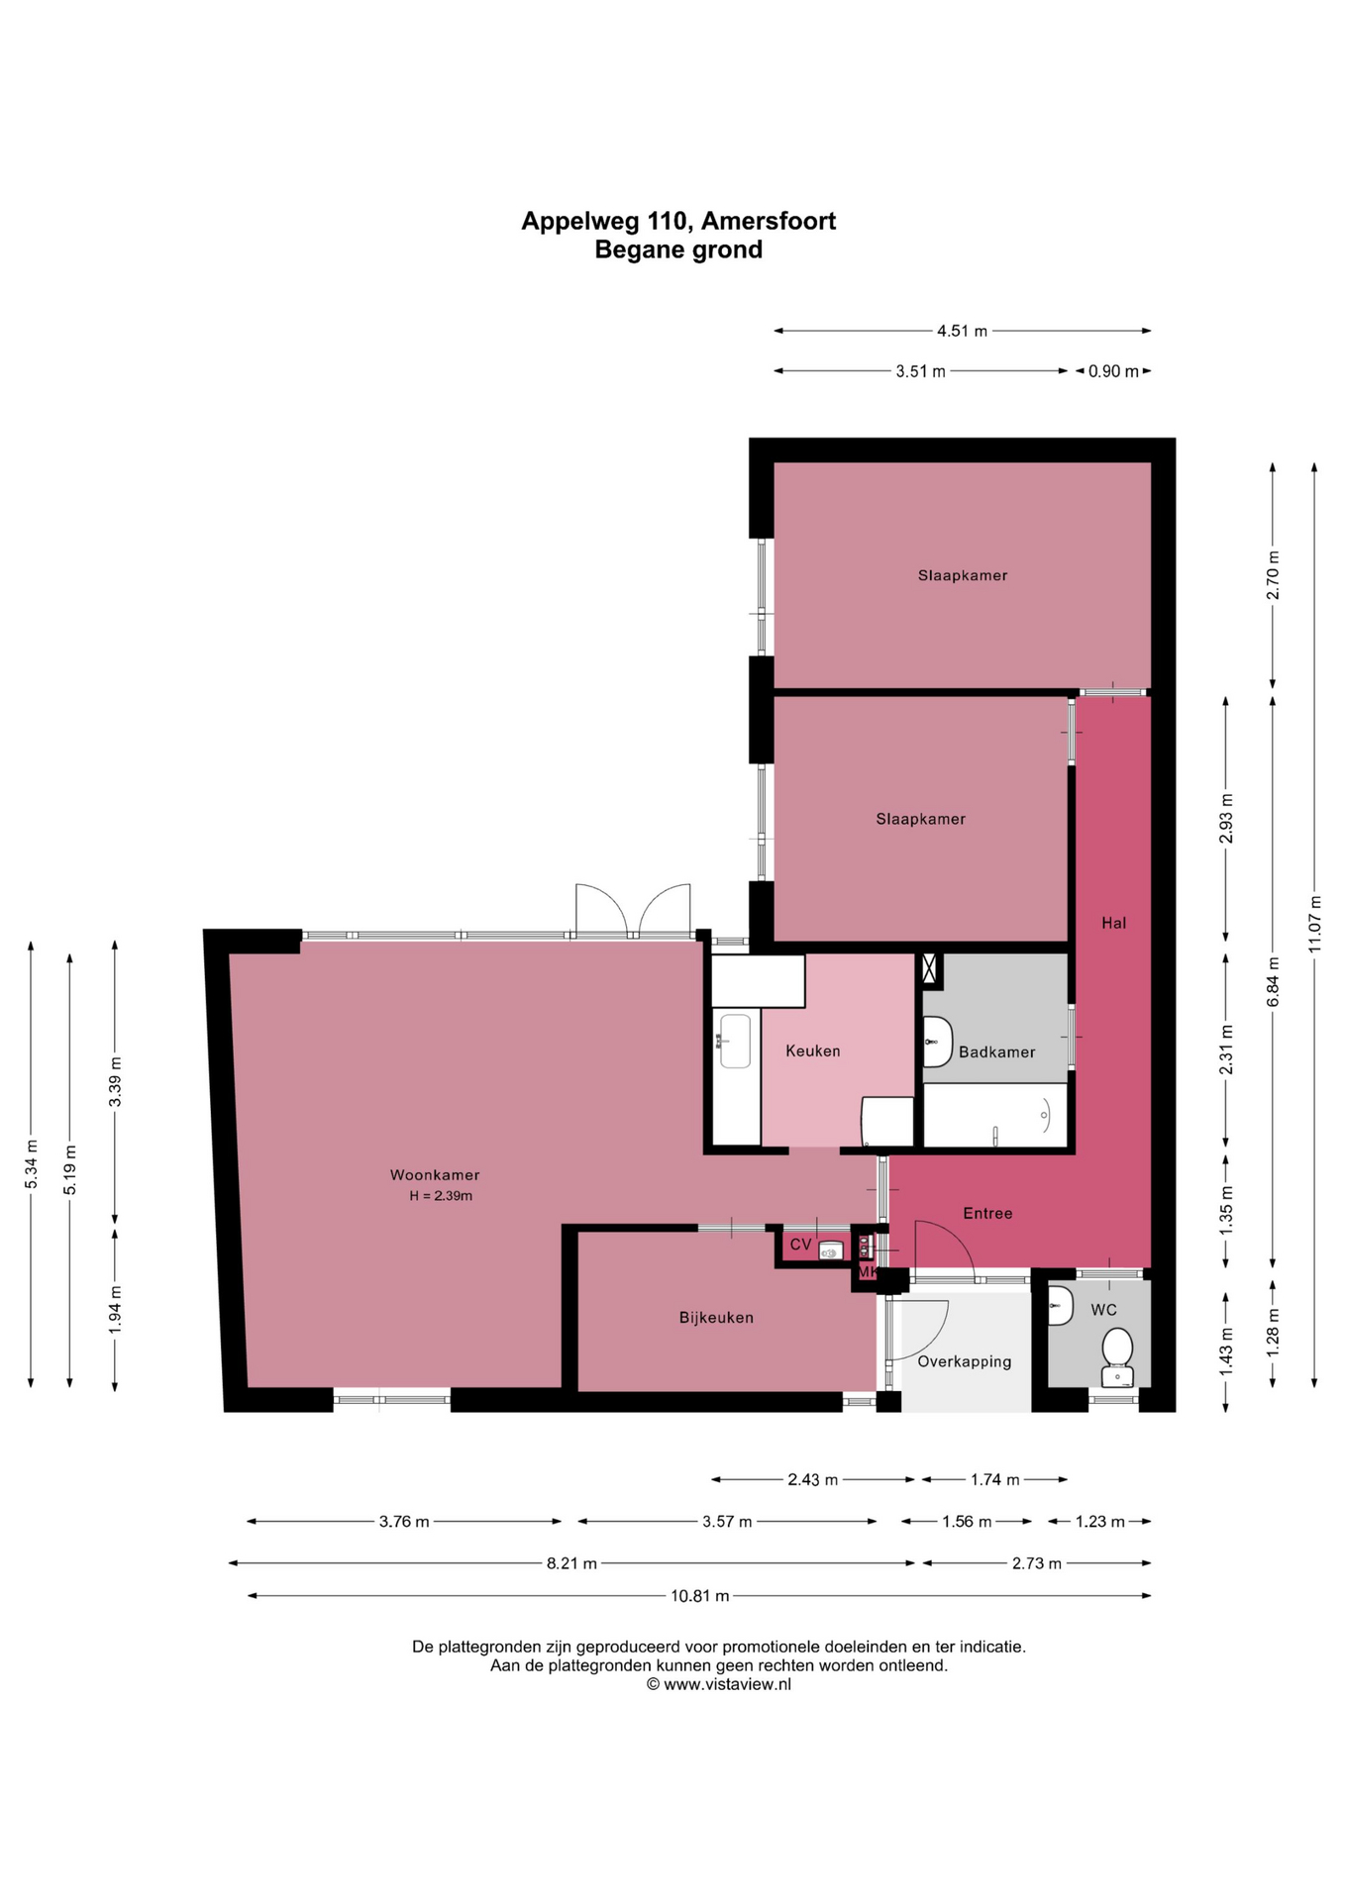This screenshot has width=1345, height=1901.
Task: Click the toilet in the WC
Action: pos(1117,1357)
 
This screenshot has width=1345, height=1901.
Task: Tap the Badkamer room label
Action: pos(996,1051)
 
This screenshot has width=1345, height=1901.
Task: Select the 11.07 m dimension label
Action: pos(1314,924)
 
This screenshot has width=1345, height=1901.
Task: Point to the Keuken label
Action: pos(812,1051)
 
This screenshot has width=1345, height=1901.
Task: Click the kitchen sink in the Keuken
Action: pos(734,1041)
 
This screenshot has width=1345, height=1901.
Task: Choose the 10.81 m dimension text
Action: pos(699,1595)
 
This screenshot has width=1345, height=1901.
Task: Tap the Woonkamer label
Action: pos(435,1175)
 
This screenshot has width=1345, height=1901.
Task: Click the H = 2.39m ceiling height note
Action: pos(441,1196)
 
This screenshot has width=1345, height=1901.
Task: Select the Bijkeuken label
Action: pos(716,1318)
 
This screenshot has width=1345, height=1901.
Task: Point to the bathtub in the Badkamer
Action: pos(995,1116)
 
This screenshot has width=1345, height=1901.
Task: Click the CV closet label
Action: pos(800,1245)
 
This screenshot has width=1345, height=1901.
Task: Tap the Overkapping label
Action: pos(965,1361)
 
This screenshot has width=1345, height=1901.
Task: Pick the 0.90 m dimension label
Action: pos(1113,371)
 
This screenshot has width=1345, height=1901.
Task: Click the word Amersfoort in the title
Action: pos(769,221)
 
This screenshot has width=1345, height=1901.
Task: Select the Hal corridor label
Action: pos(1114,923)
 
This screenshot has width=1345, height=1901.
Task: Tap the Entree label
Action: pos(987,1213)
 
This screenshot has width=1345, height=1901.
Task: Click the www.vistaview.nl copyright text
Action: pos(719,1683)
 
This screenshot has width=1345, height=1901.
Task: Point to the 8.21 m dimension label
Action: pos(571,1563)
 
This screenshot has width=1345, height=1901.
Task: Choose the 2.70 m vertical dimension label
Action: pos(1274,574)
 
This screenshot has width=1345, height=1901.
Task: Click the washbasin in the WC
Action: pos(1060,1306)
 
